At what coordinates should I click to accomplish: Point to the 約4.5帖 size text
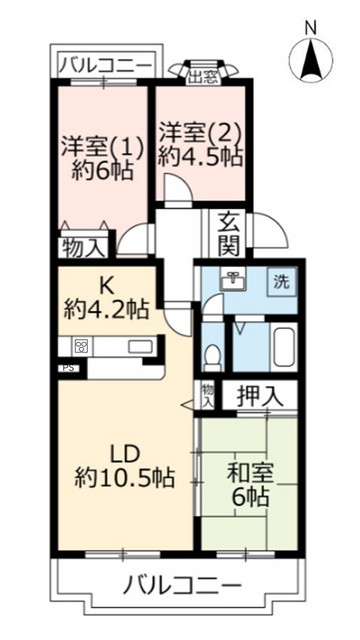pos(199,156)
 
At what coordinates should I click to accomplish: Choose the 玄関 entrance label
pos(225,234)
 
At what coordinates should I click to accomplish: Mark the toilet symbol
pos(211,356)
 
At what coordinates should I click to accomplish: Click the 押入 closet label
pos(259,396)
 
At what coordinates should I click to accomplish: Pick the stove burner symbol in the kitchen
pos(80,347)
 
